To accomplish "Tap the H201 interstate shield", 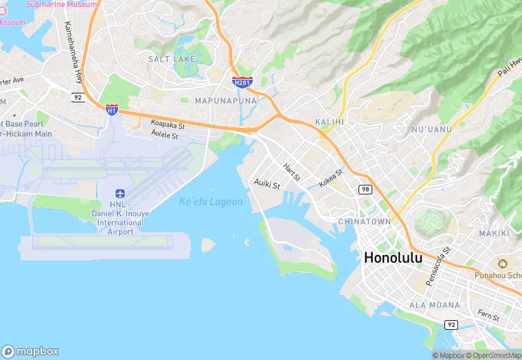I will coord(242,82).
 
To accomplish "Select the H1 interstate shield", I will coord(111,109).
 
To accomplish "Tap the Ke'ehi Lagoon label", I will coord(211,202).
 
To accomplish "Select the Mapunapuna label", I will coord(226,100).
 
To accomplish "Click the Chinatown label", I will coord(364,221).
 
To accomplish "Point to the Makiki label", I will coord(494,234).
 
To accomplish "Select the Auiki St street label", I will coord(267,185).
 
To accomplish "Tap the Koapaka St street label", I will coord(168,126).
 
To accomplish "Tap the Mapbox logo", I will coord(30,350).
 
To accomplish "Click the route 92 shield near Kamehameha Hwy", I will coord(78,98).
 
